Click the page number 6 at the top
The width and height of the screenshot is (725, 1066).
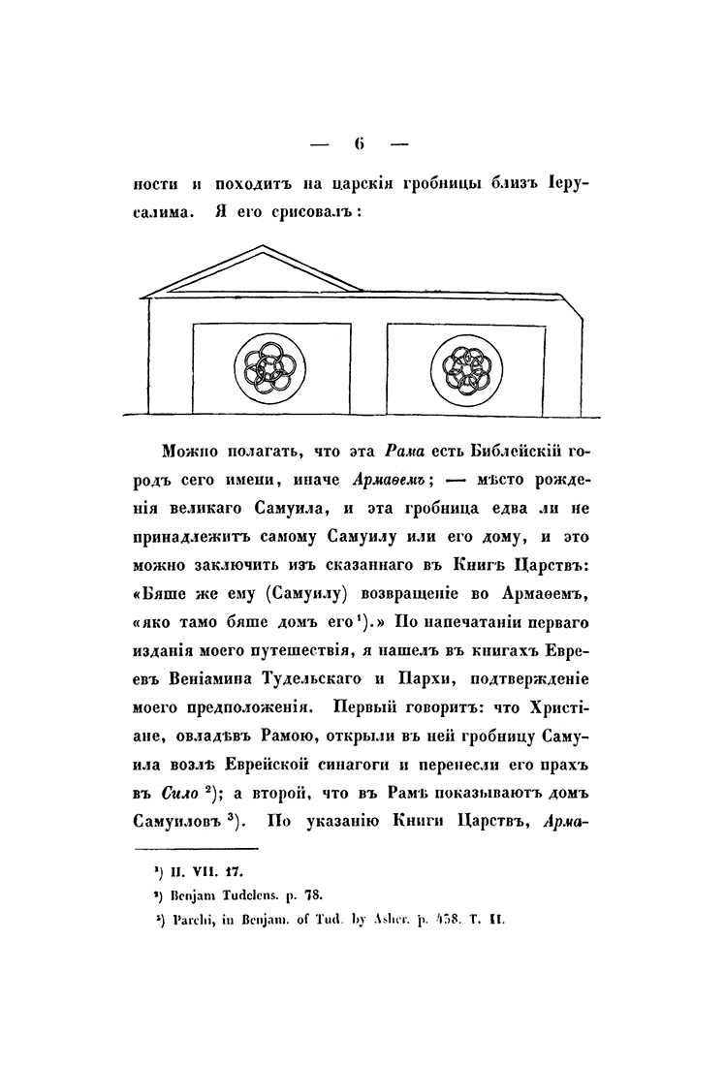coord(359,144)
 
